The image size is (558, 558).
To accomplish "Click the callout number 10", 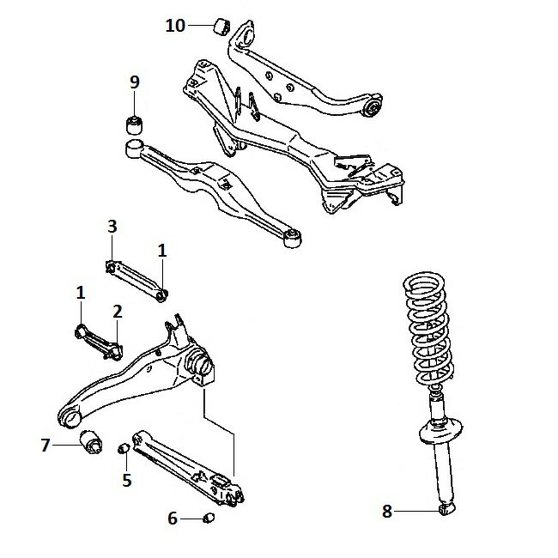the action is pyautogui.click(x=175, y=26).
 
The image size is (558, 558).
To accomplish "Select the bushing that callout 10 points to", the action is pyautogui.click(x=222, y=27).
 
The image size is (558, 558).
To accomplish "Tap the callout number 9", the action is pyautogui.click(x=135, y=82).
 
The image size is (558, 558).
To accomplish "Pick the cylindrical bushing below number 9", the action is pyautogui.click(x=135, y=124).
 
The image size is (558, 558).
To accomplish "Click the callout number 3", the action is pyautogui.click(x=112, y=227).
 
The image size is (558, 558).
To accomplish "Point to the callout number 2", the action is pyautogui.click(x=118, y=312).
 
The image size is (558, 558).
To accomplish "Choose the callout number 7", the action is pyautogui.click(x=45, y=446).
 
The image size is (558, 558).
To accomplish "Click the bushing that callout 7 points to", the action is pyautogui.click(x=90, y=443).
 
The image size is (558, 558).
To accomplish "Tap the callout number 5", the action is pyautogui.click(x=127, y=480).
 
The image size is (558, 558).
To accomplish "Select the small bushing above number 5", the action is pyautogui.click(x=124, y=449).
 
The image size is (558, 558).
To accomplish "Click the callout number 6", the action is pyautogui.click(x=173, y=519).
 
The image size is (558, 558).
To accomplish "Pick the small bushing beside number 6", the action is pyautogui.click(x=209, y=518).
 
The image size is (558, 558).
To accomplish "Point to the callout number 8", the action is pyautogui.click(x=387, y=512).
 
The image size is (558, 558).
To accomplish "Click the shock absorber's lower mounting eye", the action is pyautogui.click(x=447, y=508).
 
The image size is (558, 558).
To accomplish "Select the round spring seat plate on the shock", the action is pyautogui.click(x=441, y=430).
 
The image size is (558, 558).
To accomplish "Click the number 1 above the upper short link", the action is pyautogui.click(x=162, y=251).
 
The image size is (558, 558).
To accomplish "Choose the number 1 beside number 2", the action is pyautogui.click(x=81, y=293).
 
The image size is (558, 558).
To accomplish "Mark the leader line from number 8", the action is pyautogui.click(x=416, y=512).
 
